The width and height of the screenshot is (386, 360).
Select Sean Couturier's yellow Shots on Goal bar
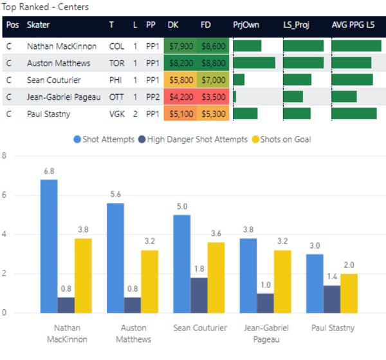(x=216, y=278)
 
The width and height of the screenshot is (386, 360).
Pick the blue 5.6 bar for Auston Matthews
(x=116, y=258)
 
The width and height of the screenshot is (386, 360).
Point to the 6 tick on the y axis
(x=5, y=195)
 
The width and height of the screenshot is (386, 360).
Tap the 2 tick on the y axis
(x=5, y=274)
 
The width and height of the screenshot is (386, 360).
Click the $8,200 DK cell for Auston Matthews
(x=180, y=63)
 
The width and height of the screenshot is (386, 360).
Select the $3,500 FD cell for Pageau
(x=212, y=97)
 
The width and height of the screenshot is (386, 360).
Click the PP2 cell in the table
(x=151, y=97)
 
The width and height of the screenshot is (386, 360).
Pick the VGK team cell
(x=116, y=113)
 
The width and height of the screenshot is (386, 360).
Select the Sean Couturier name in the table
(x=53, y=80)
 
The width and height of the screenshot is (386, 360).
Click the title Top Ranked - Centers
(x=46, y=7)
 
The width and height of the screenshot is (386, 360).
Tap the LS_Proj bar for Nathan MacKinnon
(x=303, y=46)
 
